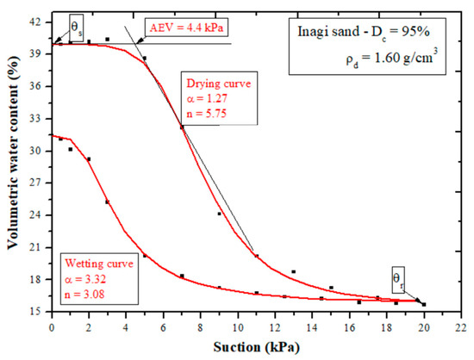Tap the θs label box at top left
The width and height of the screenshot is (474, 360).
tap(77, 26)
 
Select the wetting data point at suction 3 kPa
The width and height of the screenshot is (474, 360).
tap(107, 202)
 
